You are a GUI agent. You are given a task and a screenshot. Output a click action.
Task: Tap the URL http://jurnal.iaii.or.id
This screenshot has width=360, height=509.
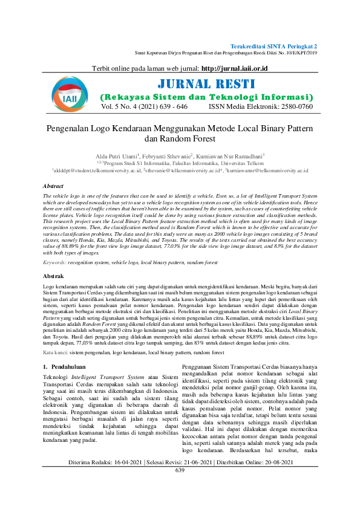pyautogui.click(x=234, y=69)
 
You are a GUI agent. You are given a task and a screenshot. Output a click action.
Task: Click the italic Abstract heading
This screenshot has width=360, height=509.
pyautogui.click(x=54, y=187)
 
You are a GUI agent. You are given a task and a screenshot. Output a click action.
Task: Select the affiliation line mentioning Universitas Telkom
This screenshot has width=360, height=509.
pyautogui.click(x=180, y=163)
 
